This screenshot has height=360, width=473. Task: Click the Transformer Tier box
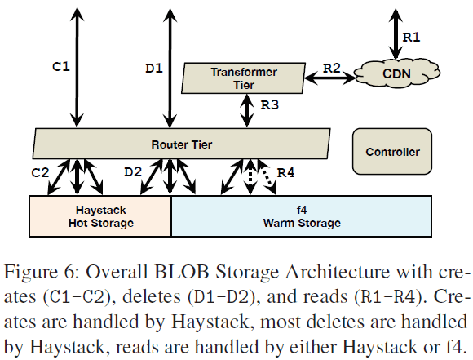tap(243, 78)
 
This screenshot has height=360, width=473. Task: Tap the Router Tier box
tap(182, 144)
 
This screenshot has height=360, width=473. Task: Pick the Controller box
tap(393, 151)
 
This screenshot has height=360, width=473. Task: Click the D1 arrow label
tap(154, 68)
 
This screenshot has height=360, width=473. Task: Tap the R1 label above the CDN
tap(413, 36)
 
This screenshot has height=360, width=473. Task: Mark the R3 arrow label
tap(269, 104)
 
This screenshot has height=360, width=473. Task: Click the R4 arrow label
tap(286, 172)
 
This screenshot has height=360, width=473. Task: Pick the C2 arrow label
tap(41, 172)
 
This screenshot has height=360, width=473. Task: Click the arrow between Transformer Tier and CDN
tap(332, 78)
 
